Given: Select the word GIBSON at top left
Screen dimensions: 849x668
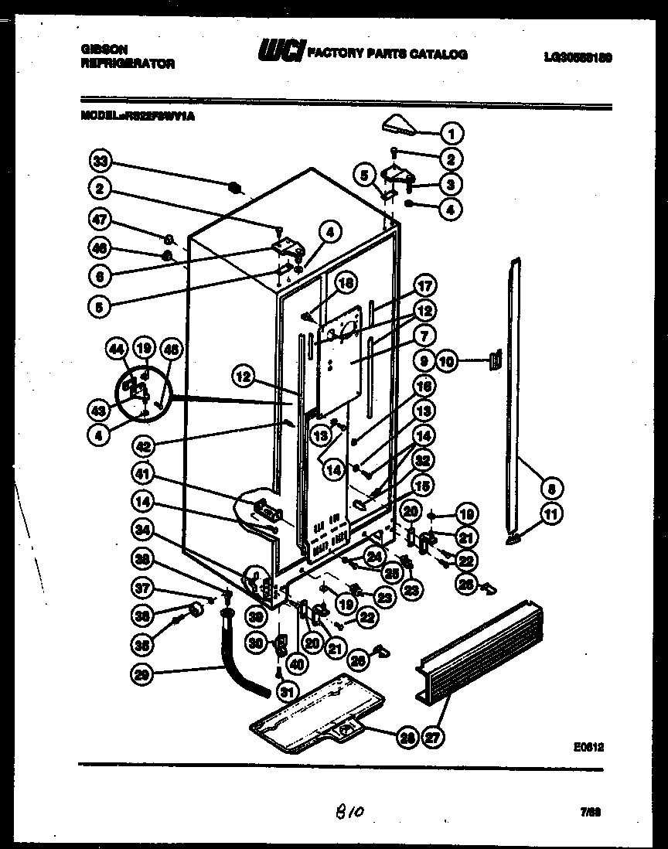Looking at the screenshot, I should [102, 48].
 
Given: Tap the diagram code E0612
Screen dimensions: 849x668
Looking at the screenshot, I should [588, 747].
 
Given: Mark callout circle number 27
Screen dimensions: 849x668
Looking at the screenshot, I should [434, 738].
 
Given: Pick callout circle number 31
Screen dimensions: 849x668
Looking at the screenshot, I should [288, 690].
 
